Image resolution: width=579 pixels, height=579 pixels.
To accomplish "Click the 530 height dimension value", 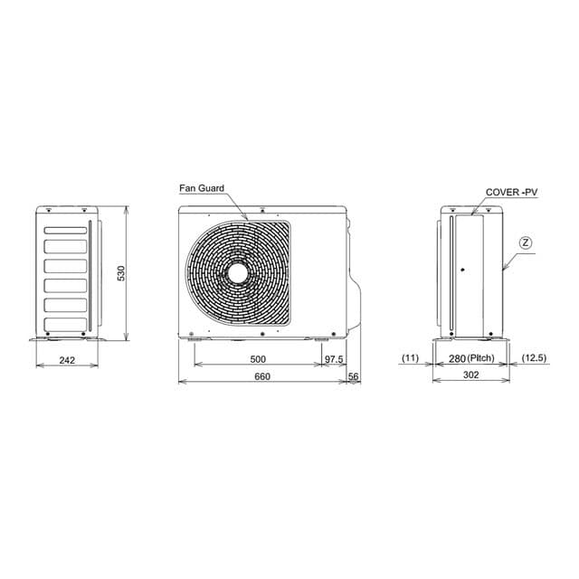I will (120, 273).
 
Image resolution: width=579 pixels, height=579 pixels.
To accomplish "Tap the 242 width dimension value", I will (67, 359).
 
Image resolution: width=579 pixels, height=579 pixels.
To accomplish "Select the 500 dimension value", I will (257, 359).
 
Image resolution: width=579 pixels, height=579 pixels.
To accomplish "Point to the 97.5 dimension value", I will (334, 359).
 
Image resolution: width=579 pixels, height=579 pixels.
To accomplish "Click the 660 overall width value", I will (262, 375).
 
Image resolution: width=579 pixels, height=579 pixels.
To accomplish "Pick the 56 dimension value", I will (353, 375).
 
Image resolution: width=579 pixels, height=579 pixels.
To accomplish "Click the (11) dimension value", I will (410, 359).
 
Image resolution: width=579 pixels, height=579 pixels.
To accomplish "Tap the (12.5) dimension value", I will (535, 359).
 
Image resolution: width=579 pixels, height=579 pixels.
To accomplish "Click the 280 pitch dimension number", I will (458, 359).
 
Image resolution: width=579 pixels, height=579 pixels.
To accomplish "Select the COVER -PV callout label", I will (511, 194).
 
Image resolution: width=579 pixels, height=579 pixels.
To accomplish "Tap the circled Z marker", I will (527, 242).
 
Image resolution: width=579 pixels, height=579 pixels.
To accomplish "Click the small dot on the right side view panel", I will (461, 270).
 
